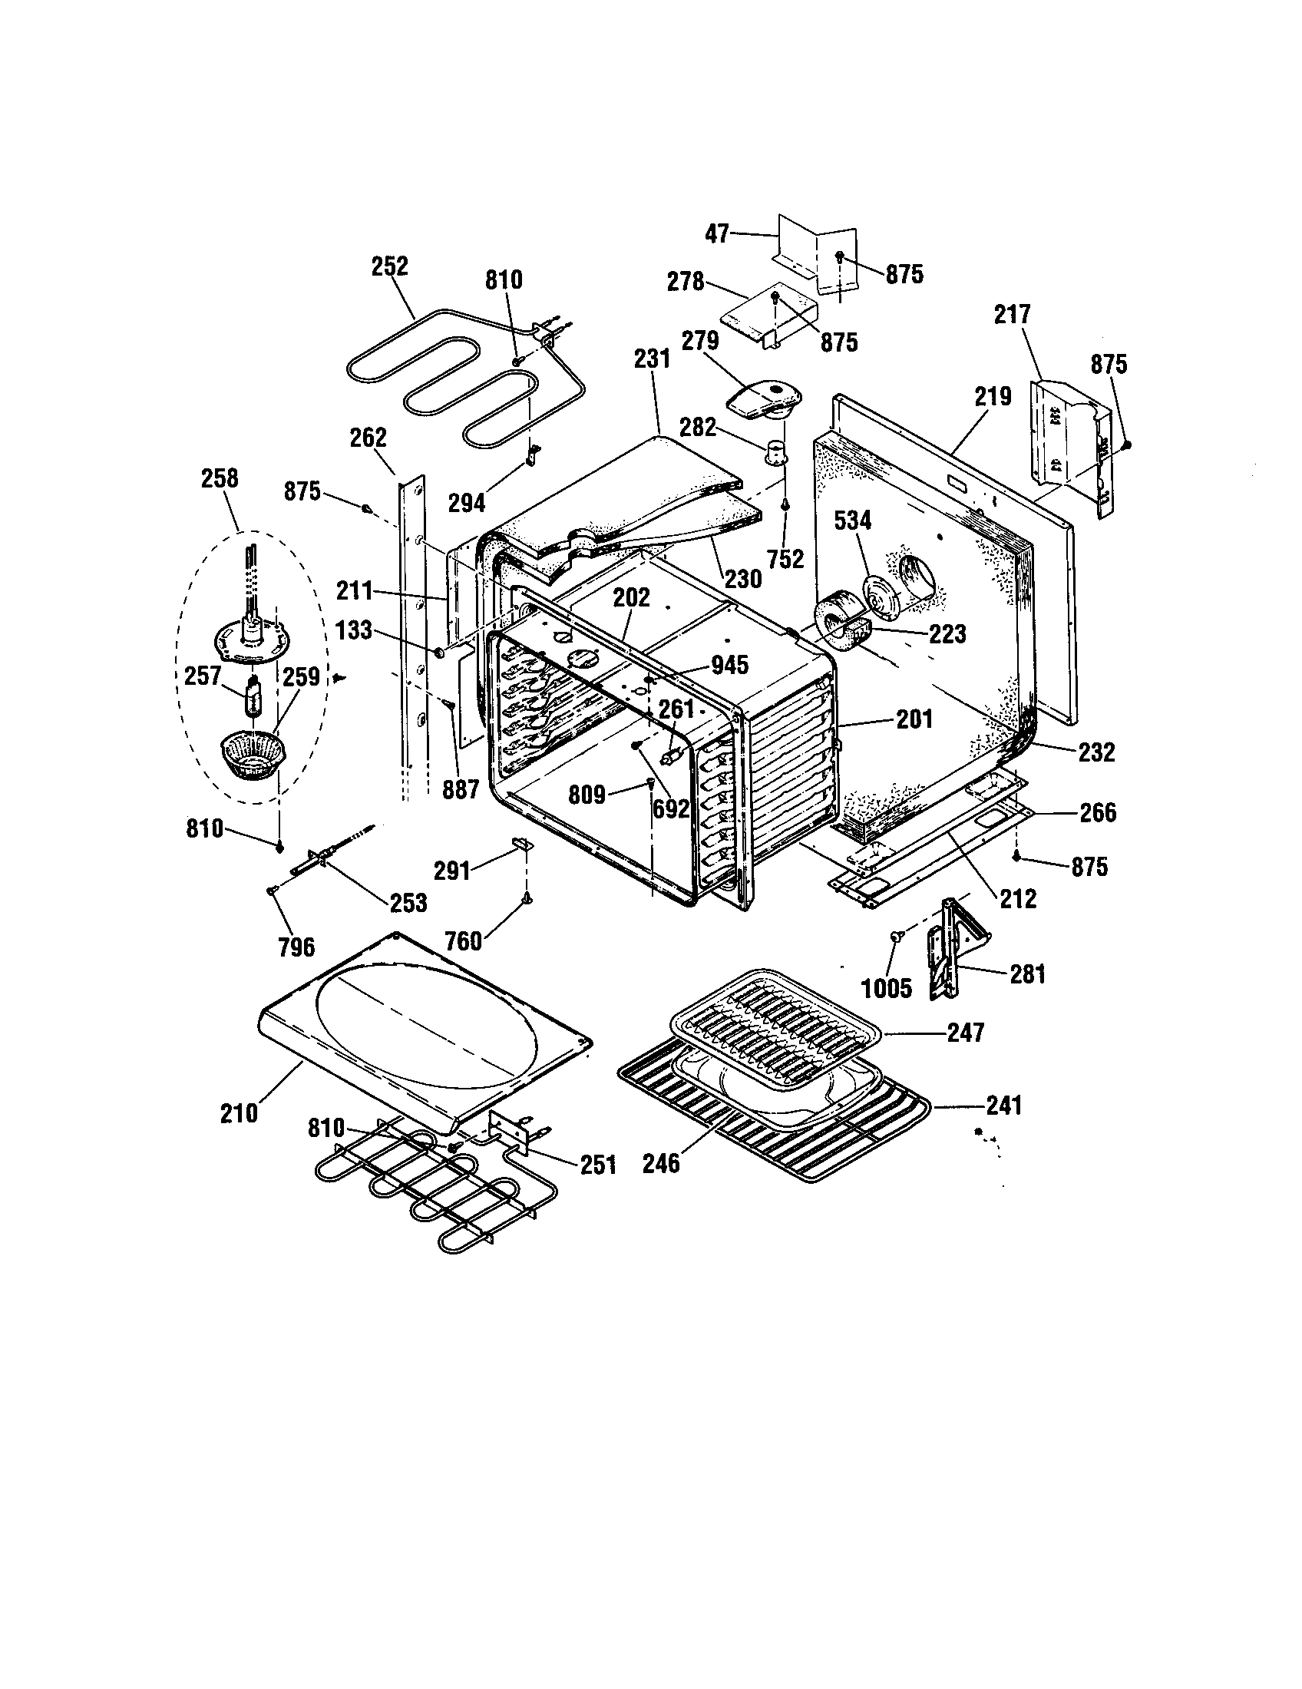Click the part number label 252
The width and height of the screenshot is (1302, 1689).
390,266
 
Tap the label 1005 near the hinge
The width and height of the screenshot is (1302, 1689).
887,988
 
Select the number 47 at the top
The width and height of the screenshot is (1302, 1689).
717,233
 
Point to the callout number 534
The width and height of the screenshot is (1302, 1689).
853,521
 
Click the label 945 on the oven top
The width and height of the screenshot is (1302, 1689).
729,664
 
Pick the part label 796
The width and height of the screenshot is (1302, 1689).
296,947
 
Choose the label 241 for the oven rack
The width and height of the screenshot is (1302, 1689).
1003,1106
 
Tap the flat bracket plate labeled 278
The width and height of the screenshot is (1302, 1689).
769,317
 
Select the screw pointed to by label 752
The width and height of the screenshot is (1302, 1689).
785,504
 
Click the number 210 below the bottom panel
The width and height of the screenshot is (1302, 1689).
239,1114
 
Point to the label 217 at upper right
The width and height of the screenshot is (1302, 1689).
1012,315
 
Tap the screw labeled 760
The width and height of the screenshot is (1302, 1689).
527,898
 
